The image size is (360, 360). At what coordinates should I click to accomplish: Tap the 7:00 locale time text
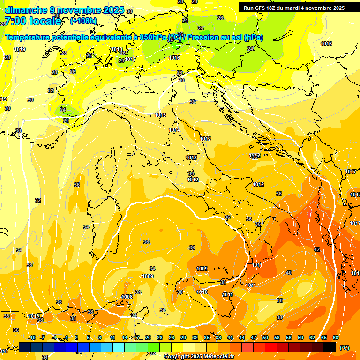(x=32, y=21)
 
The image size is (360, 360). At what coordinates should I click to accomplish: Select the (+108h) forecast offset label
(x=83, y=21)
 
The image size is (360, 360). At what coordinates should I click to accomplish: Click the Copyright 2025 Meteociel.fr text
(x=199, y=357)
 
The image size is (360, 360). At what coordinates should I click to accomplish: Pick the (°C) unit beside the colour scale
(x=344, y=348)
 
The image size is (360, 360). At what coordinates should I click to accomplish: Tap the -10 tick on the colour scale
(x=32, y=337)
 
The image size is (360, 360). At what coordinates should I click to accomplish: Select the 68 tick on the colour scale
(x=336, y=337)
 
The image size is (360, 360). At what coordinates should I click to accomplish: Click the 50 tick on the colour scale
(x=265, y=337)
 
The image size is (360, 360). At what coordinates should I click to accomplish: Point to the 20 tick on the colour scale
(x=148, y=337)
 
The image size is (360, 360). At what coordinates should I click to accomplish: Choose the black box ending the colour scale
(x=330, y=347)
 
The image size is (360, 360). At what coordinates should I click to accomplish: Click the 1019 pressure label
(x=20, y=49)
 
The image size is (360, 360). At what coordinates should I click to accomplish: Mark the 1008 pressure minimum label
(x=127, y=297)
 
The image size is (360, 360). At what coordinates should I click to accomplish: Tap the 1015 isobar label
(x=160, y=115)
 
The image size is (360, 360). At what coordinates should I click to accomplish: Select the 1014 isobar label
(x=174, y=130)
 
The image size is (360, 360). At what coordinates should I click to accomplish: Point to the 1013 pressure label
(x=191, y=157)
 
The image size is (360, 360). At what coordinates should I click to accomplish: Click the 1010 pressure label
(x=202, y=292)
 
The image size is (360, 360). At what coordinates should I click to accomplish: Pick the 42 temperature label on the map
(x=317, y=249)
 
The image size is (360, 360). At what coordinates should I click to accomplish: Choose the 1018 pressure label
(x=117, y=49)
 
